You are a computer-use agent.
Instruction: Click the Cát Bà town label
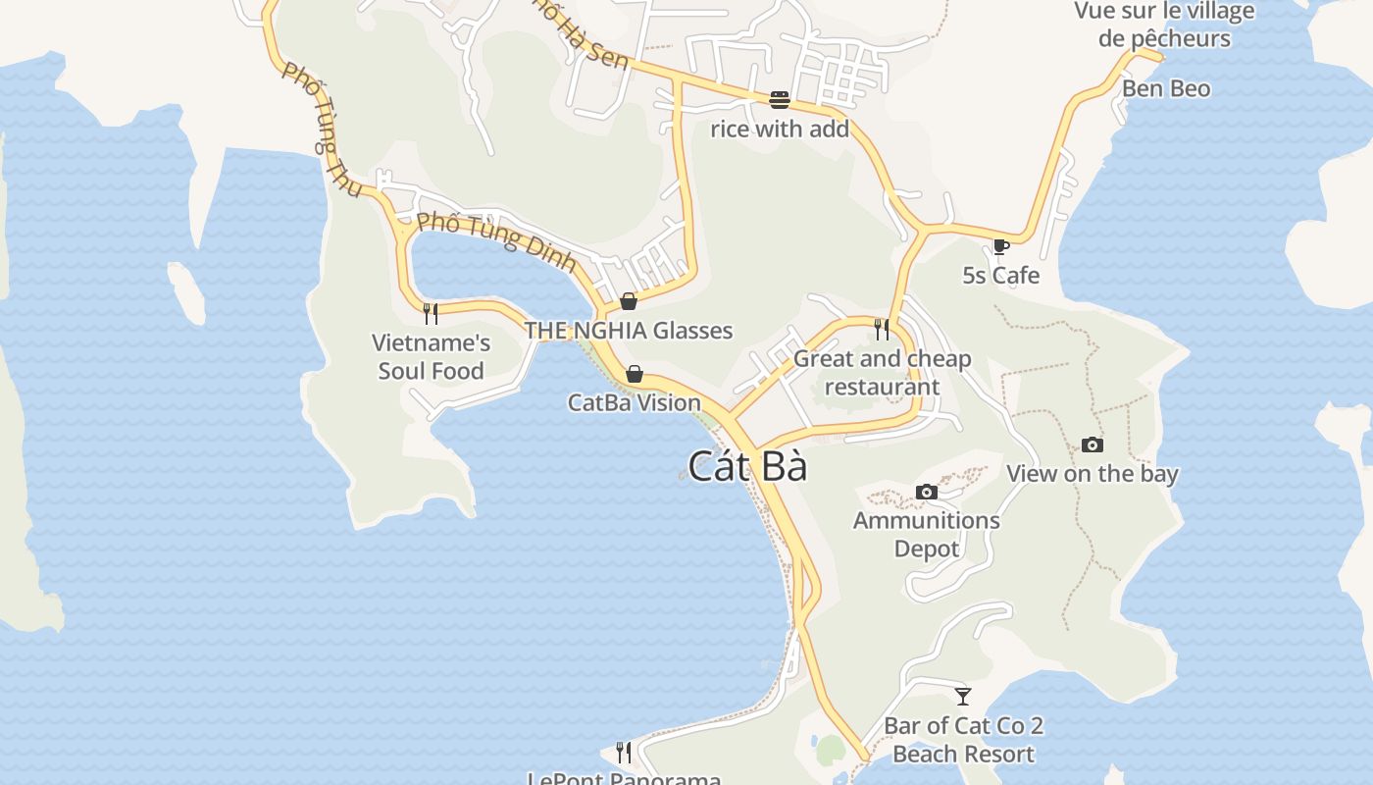coord(747,466)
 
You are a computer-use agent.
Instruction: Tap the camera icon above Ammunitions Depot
coord(926,492)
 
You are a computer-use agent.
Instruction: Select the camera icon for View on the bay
coord(1092,445)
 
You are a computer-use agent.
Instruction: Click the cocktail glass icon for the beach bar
coord(963,697)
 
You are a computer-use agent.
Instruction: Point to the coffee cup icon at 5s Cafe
coord(1000,246)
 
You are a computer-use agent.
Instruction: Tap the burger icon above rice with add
coord(780,99)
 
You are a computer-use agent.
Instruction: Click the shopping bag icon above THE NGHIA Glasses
coord(629,301)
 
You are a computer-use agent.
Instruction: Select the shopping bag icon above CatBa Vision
coord(635,374)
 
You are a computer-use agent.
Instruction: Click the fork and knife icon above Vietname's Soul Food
coord(430,314)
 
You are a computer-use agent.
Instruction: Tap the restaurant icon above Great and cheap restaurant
coord(882,329)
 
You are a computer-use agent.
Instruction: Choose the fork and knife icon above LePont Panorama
coord(624,753)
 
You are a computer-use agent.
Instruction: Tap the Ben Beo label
coord(1166,88)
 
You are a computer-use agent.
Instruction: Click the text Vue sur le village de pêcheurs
coord(1164,25)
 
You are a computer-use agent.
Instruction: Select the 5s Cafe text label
coord(1000,276)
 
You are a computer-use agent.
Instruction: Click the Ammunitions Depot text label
coord(926,534)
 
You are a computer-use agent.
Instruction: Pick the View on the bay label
coord(1092,474)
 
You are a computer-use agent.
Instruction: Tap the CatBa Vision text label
coord(635,402)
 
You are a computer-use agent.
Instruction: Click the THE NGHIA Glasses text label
coord(629,330)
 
